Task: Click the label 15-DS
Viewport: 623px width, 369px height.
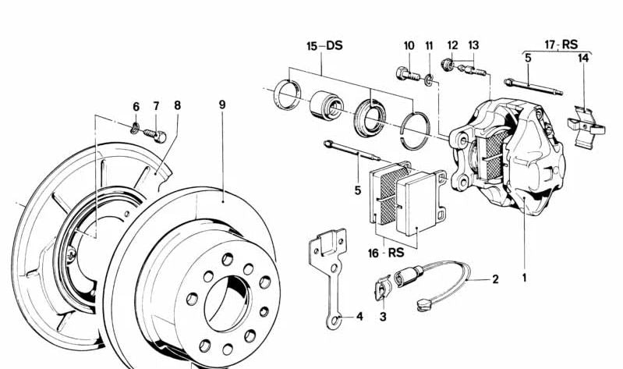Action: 324,47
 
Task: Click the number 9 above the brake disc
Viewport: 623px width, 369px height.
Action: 222,105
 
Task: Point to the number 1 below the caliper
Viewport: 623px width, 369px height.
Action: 525,277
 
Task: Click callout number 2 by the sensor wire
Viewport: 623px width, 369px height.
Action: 494,278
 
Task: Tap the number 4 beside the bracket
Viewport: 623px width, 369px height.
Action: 359,317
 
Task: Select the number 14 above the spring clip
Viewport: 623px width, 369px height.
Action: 582,58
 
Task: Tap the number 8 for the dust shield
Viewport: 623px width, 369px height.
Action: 177,105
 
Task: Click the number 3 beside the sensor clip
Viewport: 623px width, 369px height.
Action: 383,317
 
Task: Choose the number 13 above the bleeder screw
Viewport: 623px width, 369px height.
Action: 473,45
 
